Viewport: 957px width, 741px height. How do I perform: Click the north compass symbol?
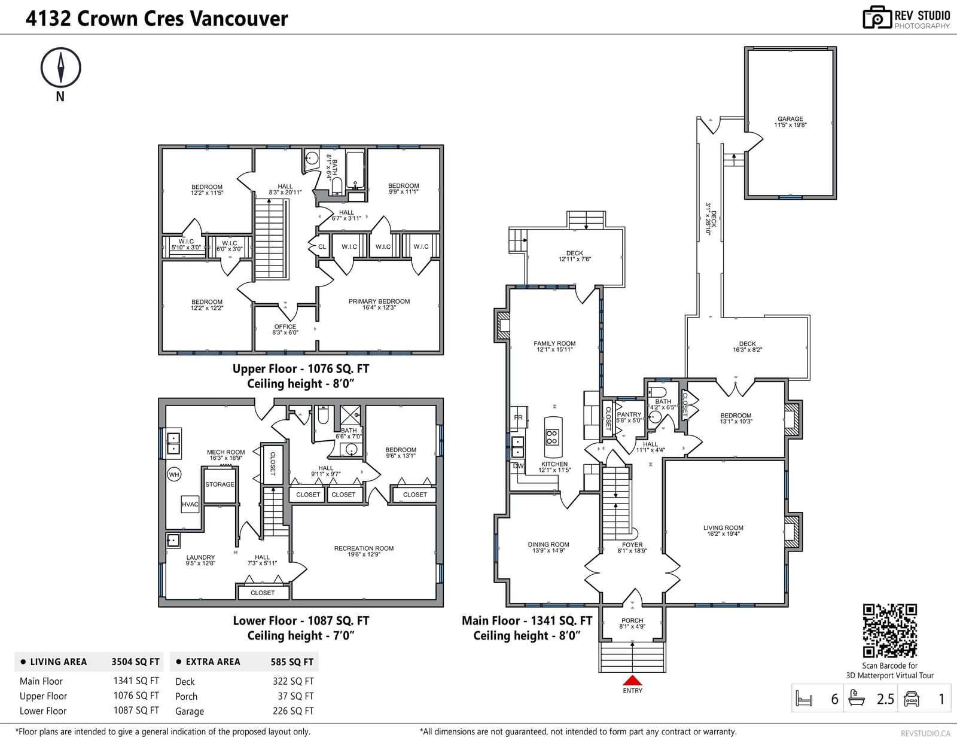[x=61, y=68]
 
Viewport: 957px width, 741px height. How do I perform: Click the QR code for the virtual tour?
[x=889, y=630]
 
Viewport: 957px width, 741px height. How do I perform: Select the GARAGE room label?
[x=790, y=119]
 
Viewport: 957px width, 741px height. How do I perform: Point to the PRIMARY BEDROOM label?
[x=379, y=301]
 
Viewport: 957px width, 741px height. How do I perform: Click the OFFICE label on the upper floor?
[x=285, y=327]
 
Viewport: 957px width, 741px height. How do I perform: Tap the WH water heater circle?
[x=174, y=474]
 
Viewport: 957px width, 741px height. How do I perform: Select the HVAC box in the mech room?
[x=190, y=504]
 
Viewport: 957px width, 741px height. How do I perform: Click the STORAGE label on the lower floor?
[x=220, y=484]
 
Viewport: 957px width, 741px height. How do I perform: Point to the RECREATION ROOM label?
[x=364, y=548]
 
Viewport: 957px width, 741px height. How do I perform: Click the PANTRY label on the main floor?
[x=629, y=414]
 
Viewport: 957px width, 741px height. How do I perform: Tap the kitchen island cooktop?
[x=552, y=437]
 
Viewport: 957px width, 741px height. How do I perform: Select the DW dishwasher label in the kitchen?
[x=518, y=465]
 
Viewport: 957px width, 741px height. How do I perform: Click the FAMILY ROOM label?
[x=554, y=343]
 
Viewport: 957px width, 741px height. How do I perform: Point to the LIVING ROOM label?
[x=723, y=527]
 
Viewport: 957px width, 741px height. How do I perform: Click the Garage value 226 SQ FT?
[x=293, y=711]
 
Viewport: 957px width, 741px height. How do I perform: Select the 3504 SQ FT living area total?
[x=135, y=661]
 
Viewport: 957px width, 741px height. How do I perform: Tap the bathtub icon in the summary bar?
[x=857, y=699]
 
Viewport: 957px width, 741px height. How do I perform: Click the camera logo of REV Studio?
[x=877, y=17]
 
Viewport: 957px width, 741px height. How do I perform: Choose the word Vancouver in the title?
[x=240, y=19]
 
